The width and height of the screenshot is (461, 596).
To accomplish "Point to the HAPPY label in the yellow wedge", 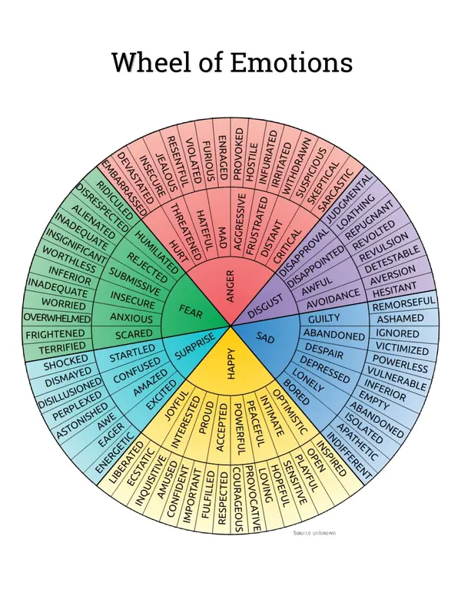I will (x=231, y=368).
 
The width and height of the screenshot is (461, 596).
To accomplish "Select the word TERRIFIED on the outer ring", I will (x=55, y=347).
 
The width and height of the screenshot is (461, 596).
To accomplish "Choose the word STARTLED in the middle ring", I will (x=132, y=358).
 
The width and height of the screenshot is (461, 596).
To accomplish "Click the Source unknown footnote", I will (x=315, y=531).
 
